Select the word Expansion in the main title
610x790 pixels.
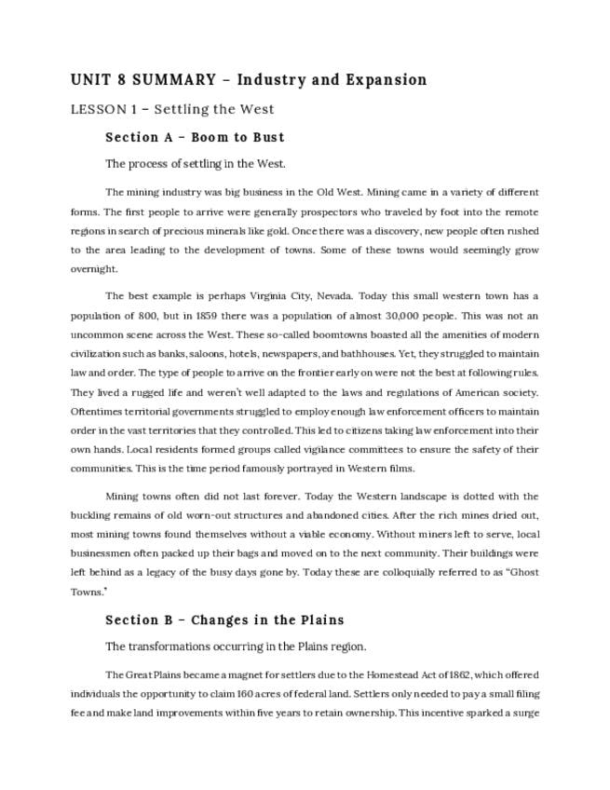[x=386, y=80]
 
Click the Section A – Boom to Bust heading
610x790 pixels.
[x=195, y=137]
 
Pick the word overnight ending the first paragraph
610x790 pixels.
[x=94, y=268]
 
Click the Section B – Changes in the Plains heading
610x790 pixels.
[x=224, y=620]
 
